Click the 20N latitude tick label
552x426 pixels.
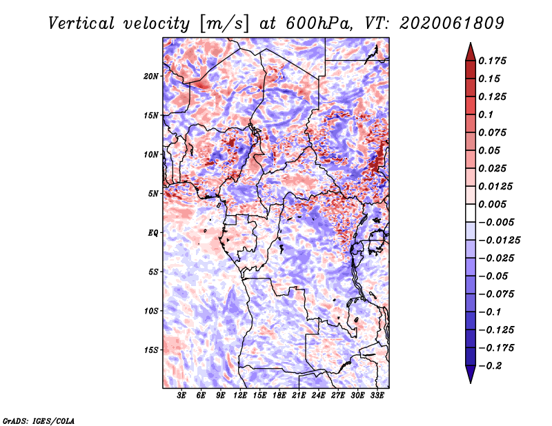pos(151,77)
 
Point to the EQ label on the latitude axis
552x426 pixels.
pos(152,233)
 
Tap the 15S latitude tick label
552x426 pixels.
pos(151,350)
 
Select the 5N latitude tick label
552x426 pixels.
pos(153,194)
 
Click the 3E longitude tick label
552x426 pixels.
pos(181,395)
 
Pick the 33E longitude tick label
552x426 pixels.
pos(377,395)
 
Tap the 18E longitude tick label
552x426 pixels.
pos(279,395)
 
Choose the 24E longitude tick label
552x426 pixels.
pos(318,395)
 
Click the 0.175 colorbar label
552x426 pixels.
pos(492,61)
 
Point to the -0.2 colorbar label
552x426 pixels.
pos(490,366)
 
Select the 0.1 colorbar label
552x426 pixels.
pos(486,114)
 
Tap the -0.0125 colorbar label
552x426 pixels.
pos(499,241)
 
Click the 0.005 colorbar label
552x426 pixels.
pos(492,204)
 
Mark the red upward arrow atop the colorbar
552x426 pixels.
pos(471,52)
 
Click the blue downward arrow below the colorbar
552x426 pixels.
pos(471,374)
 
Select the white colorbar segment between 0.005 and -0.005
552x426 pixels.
pos(471,213)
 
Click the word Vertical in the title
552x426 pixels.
pos(81,23)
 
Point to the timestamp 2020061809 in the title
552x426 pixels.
pos(452,23)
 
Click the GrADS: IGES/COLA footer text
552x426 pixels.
pos(39,421)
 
